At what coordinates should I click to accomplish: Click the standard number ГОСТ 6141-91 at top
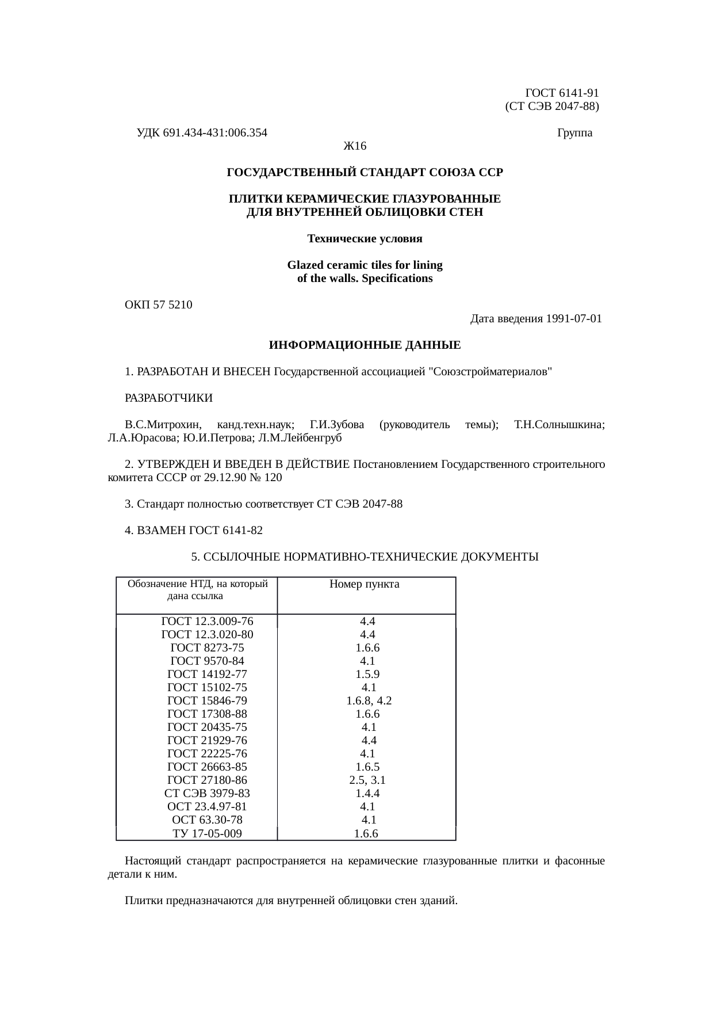(562, 93)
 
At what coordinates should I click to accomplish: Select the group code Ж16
(355, 146)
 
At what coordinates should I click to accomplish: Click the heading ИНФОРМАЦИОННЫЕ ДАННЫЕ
(365, 346)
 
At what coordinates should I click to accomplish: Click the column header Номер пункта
(365, 585)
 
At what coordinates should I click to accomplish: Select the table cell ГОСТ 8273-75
(207, 648)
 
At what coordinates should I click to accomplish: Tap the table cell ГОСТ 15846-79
(207, 701)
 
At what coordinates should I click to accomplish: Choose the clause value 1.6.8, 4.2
(369, 701)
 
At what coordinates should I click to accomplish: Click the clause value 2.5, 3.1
(367, 781)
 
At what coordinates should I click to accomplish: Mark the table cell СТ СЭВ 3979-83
(207, 794)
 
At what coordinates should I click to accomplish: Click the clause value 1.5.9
(367, 674)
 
